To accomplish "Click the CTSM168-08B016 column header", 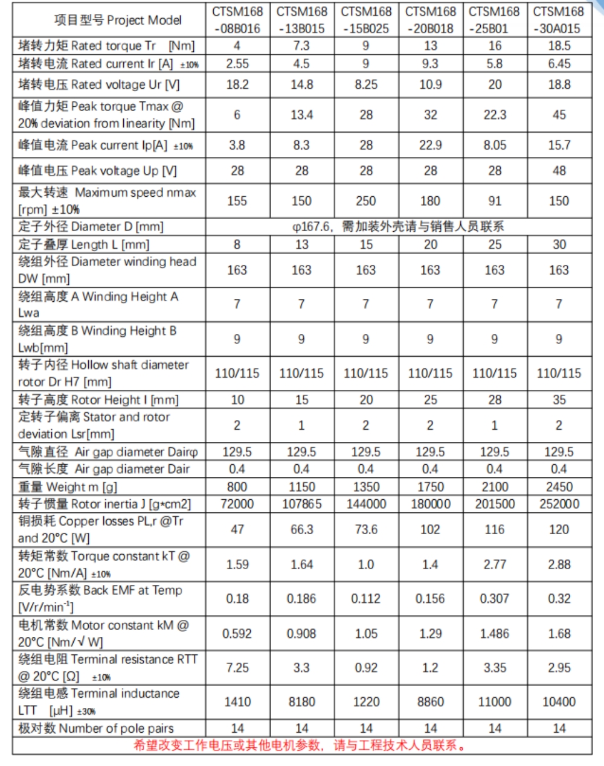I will coord(237,20).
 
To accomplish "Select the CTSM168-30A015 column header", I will coord(559,20).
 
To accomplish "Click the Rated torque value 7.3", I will coord(301,46).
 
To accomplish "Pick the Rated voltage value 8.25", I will coord(366,85).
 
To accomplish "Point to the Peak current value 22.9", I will coord(430,145).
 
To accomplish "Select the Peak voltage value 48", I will coord(559,171).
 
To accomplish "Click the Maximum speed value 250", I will coord(366,200).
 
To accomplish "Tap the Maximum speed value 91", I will coord(495,200).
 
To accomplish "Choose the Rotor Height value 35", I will coord(559,400).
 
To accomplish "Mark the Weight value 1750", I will coord(430,487).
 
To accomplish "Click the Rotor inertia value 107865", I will coord(301,504).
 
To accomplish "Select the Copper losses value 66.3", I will coord(301,529).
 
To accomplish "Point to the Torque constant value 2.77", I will coord(495,564).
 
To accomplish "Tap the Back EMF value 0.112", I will coord(366,599).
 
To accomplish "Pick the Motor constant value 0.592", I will coord(237,634).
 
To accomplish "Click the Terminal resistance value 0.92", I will coord(366,668).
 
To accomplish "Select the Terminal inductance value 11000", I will coord(495,702).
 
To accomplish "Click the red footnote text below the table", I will coord(300,745).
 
